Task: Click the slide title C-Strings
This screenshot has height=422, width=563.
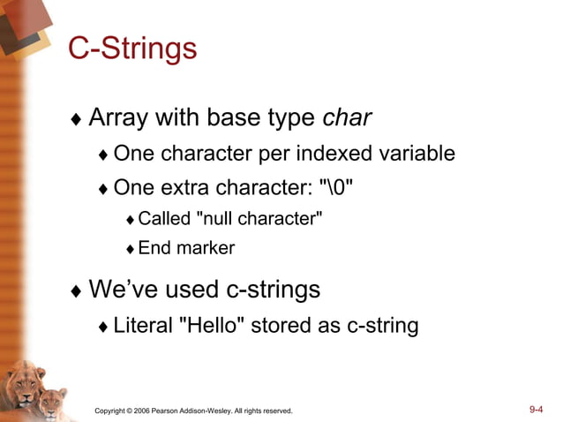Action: (x=132, y=49)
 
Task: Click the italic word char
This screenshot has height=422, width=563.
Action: (x=347, y=117)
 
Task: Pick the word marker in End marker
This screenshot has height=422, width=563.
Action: (x=206, y=248)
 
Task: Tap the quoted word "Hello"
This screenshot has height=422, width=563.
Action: (x=212, y=326)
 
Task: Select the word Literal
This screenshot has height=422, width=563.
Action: (x=143, y=326)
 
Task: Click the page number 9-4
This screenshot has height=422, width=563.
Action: (x=536, y=410)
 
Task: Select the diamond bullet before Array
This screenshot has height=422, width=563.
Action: (x=77, y=119)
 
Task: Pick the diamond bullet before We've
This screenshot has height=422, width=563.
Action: (x=77, y=290)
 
